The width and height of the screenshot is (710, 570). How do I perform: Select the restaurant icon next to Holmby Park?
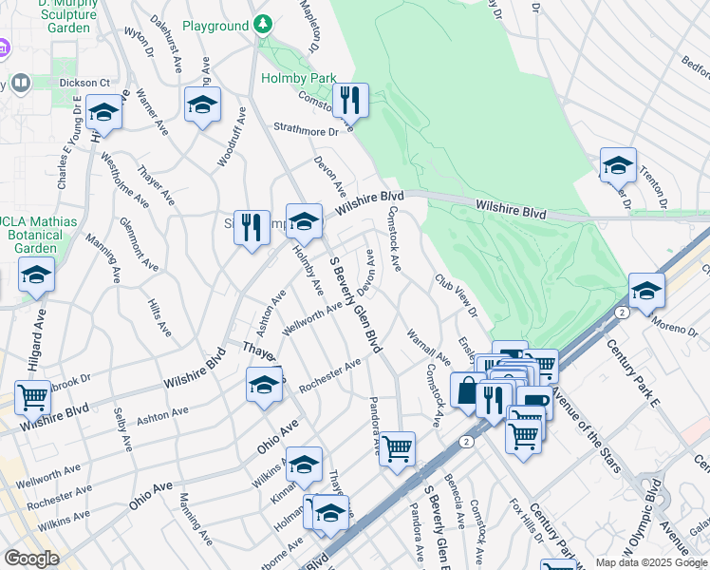[350, 98]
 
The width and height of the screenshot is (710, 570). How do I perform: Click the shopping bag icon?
[466, 390]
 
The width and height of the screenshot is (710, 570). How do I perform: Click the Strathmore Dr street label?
[299, 128]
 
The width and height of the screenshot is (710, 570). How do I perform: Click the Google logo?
[31, 559]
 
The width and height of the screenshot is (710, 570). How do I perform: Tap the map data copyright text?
[651, 562]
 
